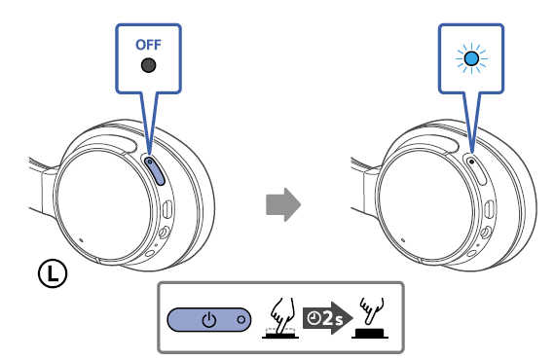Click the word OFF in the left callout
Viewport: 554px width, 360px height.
tap(148, 45)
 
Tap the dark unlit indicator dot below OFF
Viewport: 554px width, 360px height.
tap(148, 65)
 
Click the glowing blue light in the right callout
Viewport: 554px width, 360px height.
tap(471, 58)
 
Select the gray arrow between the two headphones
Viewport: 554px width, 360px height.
tap(283, 204)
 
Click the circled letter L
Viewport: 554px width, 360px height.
tap(53, 273)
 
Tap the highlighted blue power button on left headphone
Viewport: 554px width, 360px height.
tap(155, 170)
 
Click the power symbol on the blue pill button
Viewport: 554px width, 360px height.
tap(208, 320)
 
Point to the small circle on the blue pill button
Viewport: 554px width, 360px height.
tap(240, 320)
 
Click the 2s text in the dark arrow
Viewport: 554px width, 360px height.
tap(332, 318)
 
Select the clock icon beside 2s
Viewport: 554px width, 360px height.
tap(314, 318)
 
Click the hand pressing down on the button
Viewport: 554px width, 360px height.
tap(282, 315)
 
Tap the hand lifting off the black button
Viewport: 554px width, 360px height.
tap(372, 309)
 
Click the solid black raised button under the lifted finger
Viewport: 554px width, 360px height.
tap(370, 333)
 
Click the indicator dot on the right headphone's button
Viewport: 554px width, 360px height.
tap(471, 162)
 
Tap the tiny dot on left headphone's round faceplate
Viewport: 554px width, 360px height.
tap(81, 240)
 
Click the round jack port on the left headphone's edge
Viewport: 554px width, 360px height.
tap(164, 233)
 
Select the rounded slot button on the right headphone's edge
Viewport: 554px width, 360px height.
tap(490, 209)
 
